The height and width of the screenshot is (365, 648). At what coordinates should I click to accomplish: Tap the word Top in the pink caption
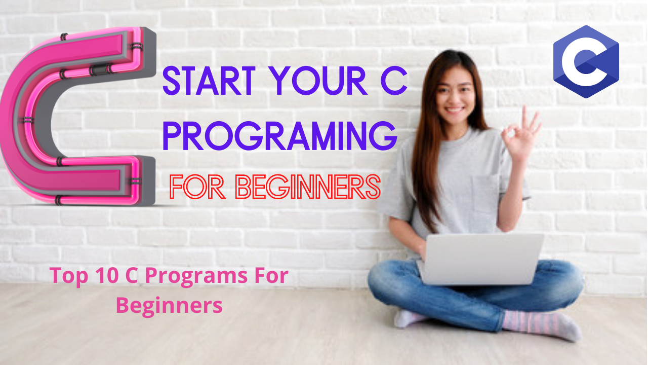65,277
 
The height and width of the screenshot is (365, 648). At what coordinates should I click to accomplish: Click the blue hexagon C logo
586,61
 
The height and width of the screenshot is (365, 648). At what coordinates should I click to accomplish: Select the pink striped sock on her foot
542,324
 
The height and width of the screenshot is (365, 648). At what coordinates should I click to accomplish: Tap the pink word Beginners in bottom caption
169,306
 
